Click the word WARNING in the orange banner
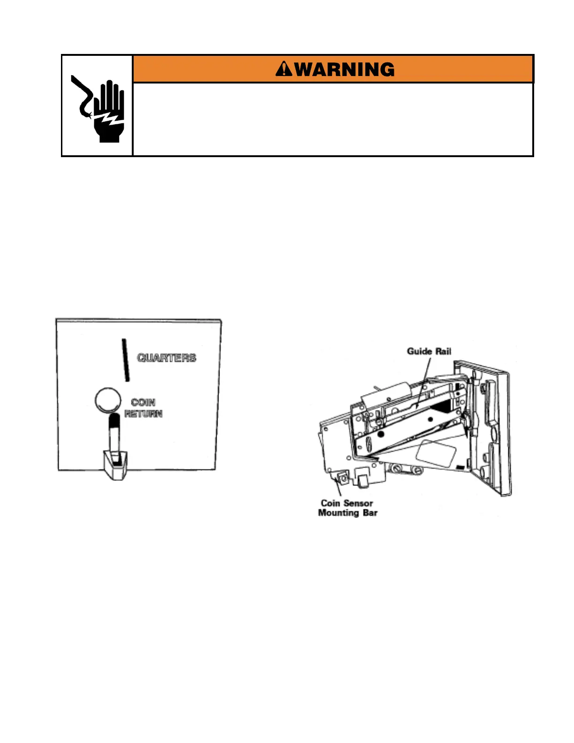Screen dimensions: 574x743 (x=345, y=70)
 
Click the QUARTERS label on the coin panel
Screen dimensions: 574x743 (x=166, y=358)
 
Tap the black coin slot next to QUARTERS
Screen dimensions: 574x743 (x=125, y=360)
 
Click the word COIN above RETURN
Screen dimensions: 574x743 (x=143, y=402)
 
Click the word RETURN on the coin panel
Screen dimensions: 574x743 (x=143, y=414)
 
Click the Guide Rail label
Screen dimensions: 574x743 (x=429, y=351)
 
